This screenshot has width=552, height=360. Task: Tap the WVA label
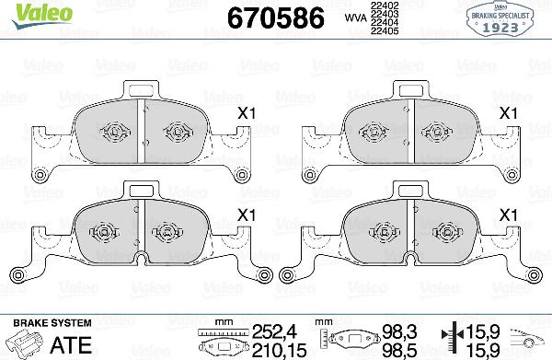point(354,17)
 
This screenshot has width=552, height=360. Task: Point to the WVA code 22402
point(384,6)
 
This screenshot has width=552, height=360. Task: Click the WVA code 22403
point(384,15)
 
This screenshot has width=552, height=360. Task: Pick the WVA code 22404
point(384,23)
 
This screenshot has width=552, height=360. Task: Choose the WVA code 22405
point(384,31)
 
